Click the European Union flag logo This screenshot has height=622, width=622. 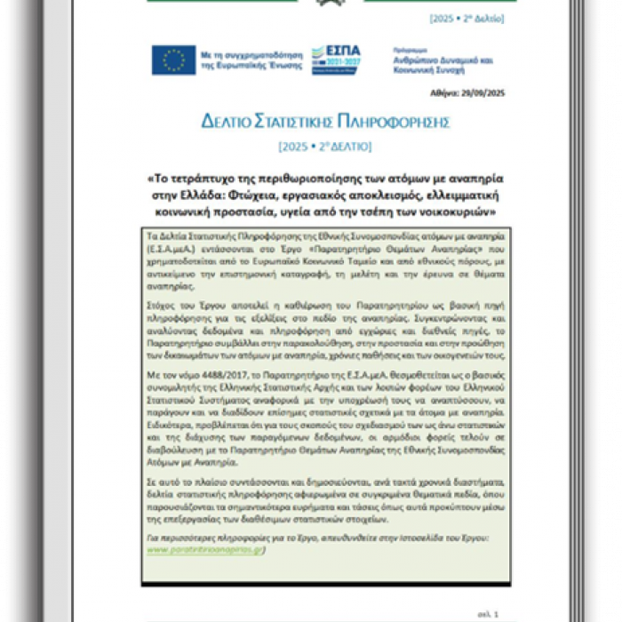coord(173,60)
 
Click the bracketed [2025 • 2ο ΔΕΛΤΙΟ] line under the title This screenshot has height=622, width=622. coord(324,145)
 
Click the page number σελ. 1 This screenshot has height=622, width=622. coord(495,614)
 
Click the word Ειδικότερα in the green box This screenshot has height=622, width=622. coord(170,424)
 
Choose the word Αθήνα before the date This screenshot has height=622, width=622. coord(451,93)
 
